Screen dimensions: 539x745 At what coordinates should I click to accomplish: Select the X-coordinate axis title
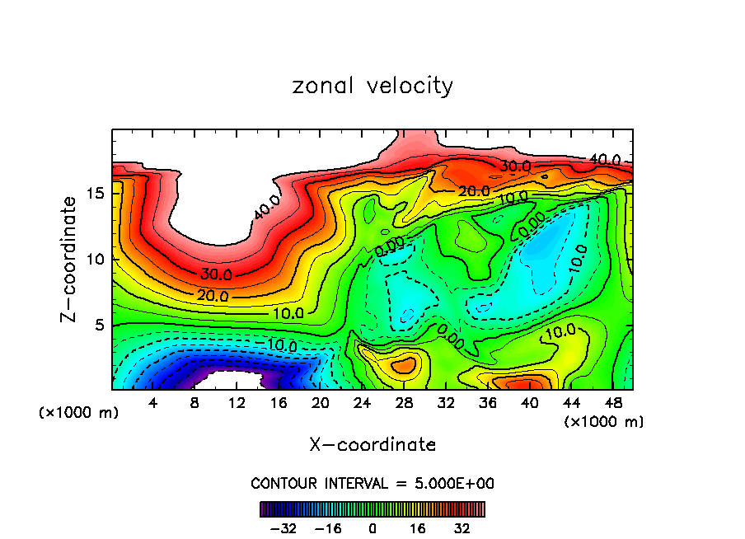(372, 445)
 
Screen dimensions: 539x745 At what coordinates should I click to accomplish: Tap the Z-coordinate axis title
(69, 260)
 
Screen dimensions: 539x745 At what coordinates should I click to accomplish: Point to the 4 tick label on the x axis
(153, 403)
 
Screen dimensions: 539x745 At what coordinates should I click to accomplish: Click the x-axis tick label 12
(237, 403)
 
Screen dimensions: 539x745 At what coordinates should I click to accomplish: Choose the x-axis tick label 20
(321, 403)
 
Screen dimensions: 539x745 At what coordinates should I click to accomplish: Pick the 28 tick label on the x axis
(404, 403)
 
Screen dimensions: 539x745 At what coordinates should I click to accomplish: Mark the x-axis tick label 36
(487, 403)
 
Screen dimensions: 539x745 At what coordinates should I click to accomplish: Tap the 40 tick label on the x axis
(529, 403)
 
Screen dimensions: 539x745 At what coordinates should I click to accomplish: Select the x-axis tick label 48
(612, 403)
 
